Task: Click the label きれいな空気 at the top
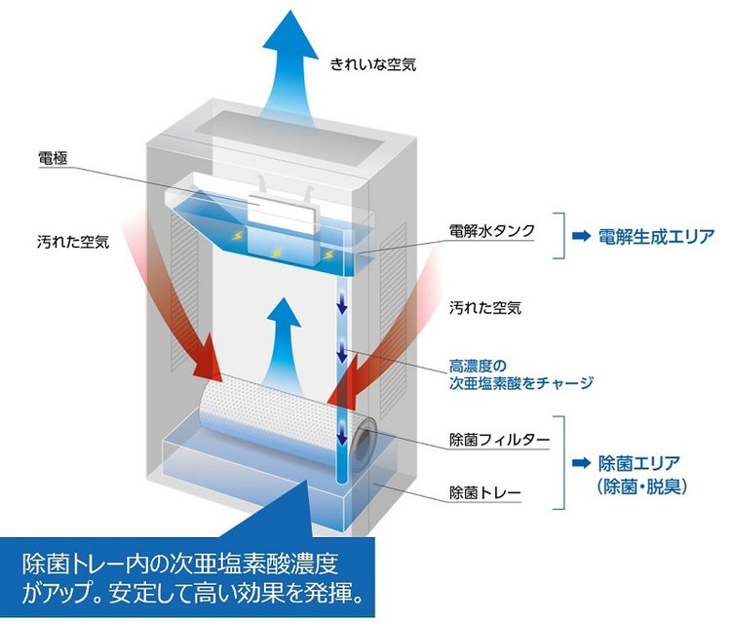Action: [x=372, y=65]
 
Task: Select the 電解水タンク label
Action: [x=491, y=231]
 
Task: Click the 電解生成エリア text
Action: [x=656, y=236]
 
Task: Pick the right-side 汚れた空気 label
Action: [x=484, y=308]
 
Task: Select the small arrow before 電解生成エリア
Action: [x=582, y=236]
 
